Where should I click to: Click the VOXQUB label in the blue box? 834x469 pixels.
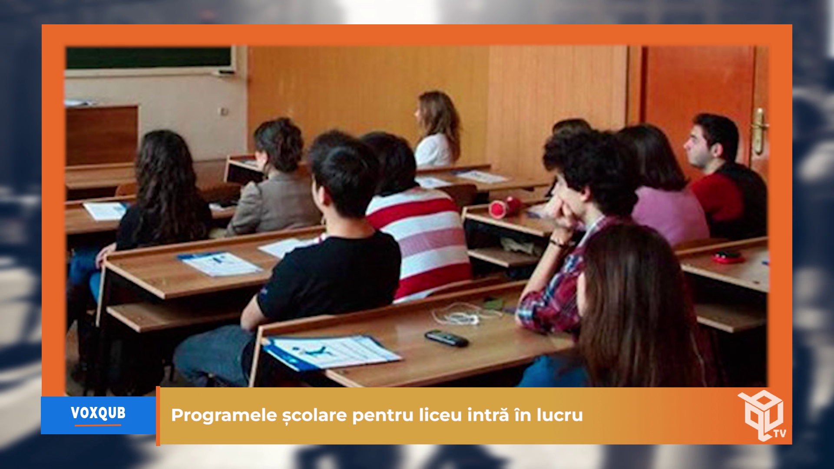[98, 413]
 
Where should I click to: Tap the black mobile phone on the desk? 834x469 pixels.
[446, 338]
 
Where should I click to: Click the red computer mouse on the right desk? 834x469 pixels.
[728, 257]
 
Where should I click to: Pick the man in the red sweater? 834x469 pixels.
[723, 178]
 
